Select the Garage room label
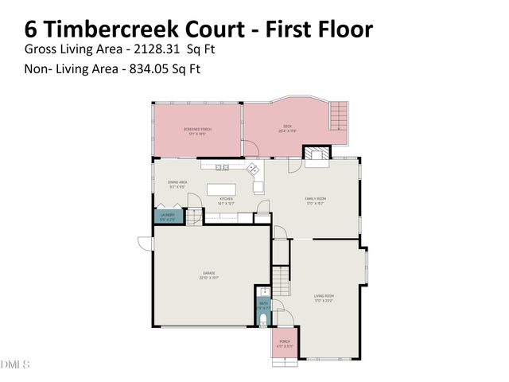point(208,274)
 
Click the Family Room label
point(317,199)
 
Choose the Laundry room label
point(167,215)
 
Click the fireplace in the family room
point(317,154)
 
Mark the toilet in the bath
point(264,320)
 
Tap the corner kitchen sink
point(254,169)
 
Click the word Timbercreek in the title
point(119,29)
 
